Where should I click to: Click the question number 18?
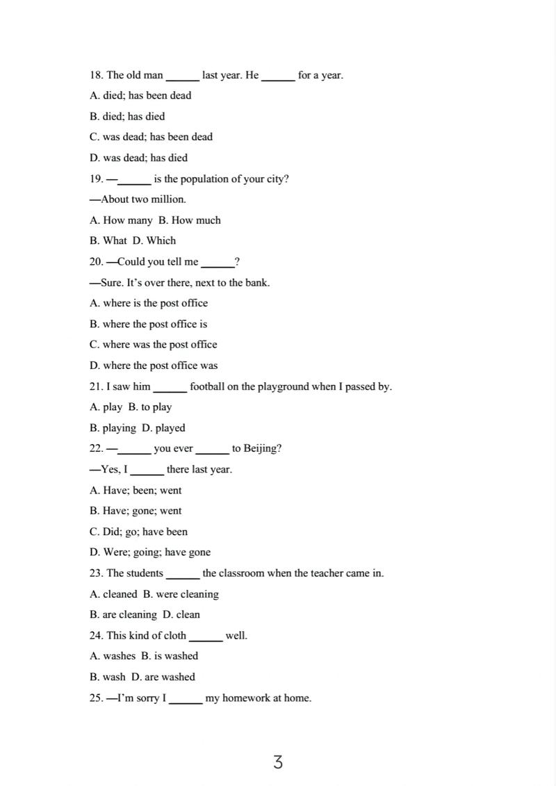point(96,75)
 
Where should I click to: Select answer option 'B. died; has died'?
point(127,116)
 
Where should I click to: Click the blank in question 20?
point(218,263)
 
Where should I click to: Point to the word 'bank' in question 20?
point(256,282)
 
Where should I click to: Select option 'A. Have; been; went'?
point(136,490)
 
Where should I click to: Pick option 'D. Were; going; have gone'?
point(150,552)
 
